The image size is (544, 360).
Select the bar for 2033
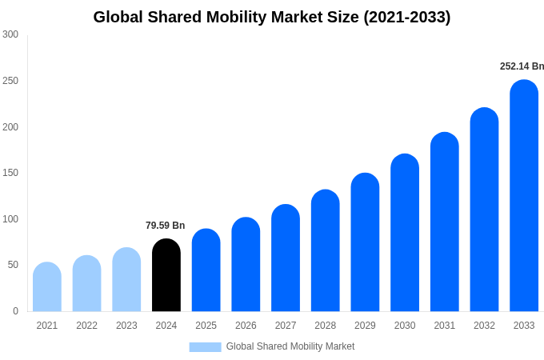click(524, 196)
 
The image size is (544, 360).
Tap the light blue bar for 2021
click(47, 287)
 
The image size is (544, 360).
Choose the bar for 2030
click(405, 233)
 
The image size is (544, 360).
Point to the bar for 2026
click(246, 265)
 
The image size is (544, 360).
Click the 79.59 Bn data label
click(165, 226)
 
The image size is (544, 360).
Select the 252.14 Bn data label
click(522, 66)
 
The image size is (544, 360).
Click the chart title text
click(272, 17)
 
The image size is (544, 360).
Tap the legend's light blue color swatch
click(205, 346)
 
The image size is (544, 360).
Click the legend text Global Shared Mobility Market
click(290, 346)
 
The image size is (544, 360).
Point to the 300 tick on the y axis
click(10, 34)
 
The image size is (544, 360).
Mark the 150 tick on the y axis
click(10, 173)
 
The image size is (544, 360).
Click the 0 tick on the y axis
click(15, 311)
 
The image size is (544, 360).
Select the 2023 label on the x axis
click(126, 326)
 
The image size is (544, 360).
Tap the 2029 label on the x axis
click(365, 326)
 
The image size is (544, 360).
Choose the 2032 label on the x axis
click(484, 326)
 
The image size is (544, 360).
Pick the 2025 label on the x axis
click(206, 326)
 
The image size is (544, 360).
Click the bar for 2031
click(445, 222)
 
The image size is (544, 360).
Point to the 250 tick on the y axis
click(10, 81)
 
